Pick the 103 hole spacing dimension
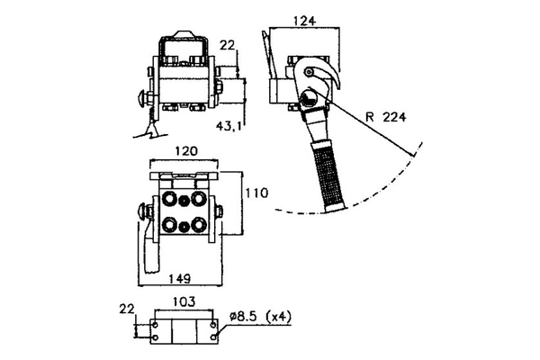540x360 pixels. click(x=184, y=304)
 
